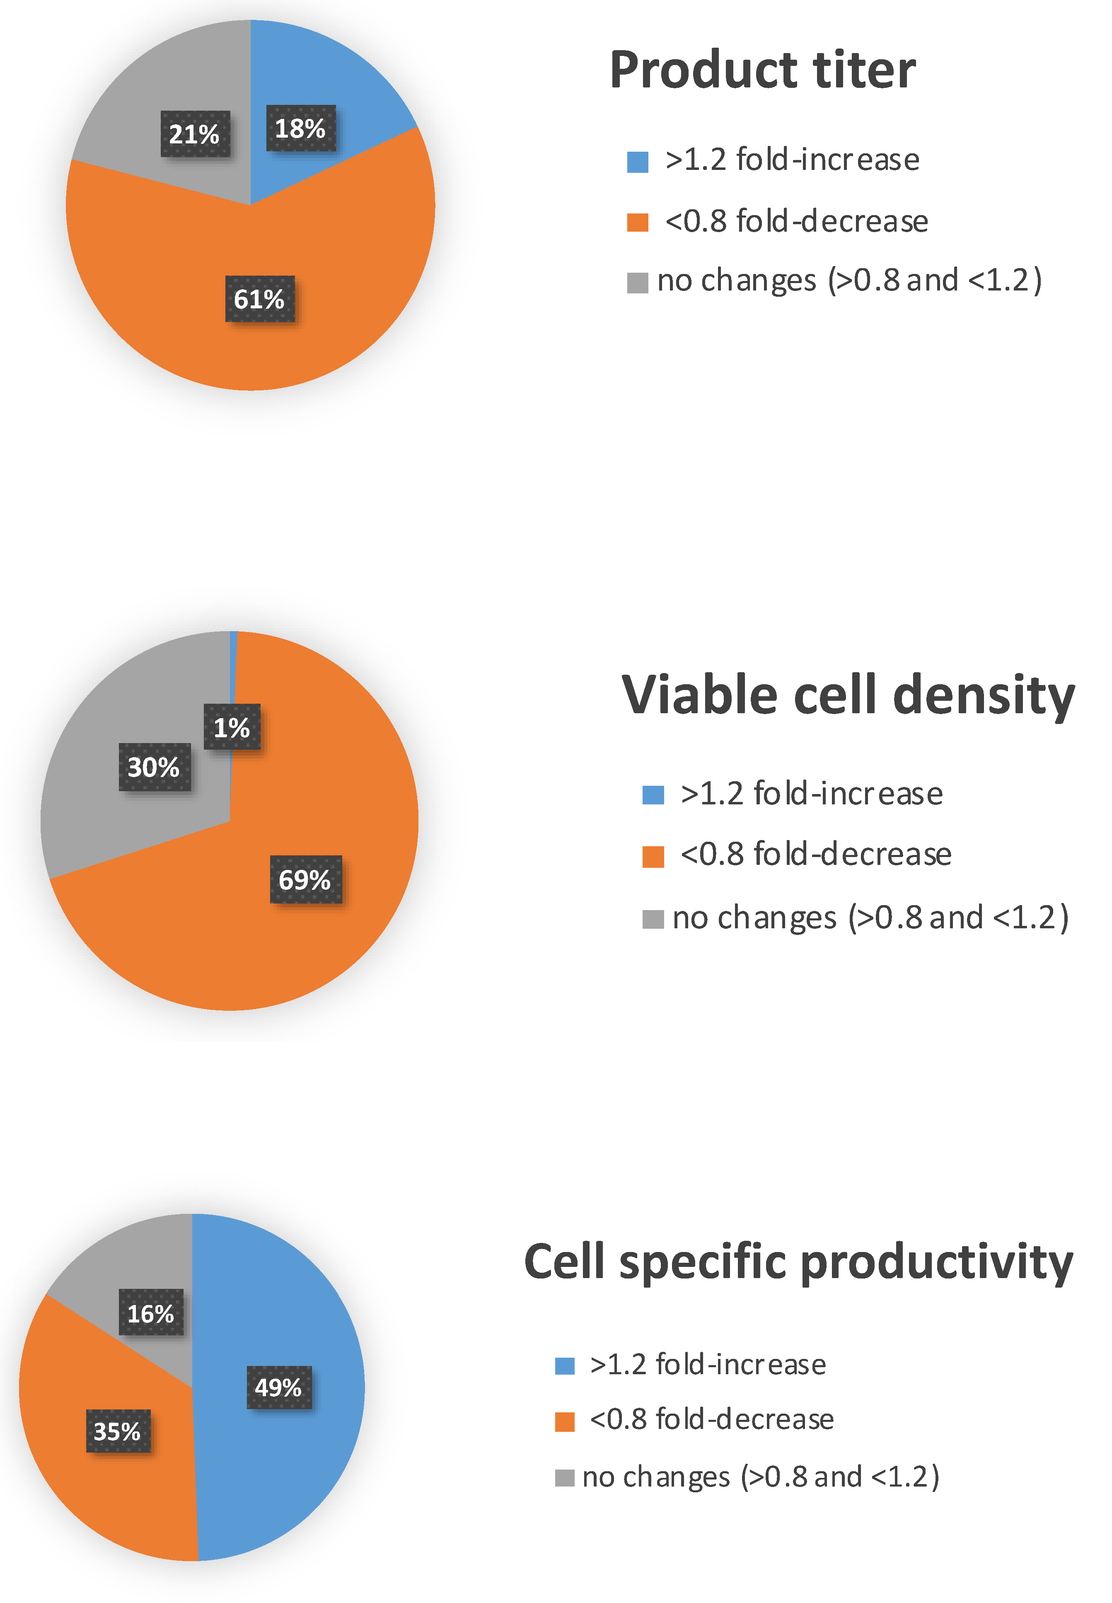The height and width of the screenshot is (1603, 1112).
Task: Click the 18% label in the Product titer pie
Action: (300, 128)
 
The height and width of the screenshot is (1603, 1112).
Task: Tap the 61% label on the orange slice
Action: (259, 299)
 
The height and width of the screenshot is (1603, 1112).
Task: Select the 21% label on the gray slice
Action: (194, 134)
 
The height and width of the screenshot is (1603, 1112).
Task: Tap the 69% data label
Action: (305, 879)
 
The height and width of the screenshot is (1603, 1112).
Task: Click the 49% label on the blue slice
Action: (279, 1387)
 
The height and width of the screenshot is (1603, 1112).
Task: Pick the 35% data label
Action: (118, 1431)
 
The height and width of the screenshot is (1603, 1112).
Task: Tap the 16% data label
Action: (150, 1313)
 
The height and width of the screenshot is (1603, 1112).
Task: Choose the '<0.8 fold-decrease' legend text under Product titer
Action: (796, 221)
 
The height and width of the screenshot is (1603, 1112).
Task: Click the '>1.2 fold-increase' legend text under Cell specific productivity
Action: (707, 1364)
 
